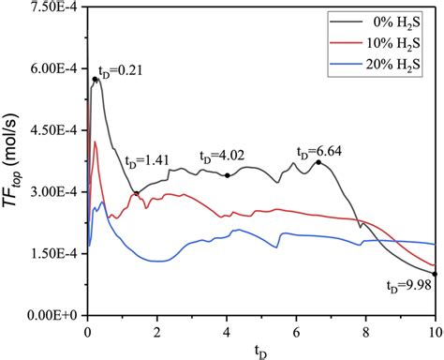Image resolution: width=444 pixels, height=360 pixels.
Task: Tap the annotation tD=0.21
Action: (122, 70)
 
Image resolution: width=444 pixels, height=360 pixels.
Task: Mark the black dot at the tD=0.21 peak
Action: (95, 80)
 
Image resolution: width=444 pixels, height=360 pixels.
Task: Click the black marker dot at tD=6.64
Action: (318, 162)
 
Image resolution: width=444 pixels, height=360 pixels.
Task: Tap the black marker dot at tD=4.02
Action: (227, 175)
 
